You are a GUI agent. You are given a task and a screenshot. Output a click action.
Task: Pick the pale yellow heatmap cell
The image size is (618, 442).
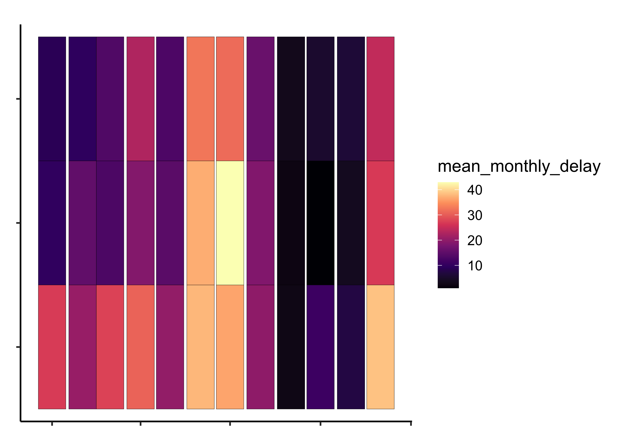tap(230, 223)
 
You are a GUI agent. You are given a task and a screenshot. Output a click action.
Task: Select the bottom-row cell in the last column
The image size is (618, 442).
tap(380, 347)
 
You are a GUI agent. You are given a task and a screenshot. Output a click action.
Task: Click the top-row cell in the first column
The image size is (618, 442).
tap(52, 99)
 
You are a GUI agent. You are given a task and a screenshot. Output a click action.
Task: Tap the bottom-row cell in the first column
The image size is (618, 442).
tap(52, 347)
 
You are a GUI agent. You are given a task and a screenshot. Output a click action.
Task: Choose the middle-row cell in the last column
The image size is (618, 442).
tap(380, 223)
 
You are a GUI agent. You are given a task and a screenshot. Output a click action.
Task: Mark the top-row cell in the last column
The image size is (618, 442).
tap(380, 99)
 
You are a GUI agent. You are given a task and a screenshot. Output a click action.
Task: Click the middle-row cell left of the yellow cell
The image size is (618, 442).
tap(200, 223)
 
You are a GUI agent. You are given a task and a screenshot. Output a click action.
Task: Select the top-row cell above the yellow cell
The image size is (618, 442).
tap(230, 99)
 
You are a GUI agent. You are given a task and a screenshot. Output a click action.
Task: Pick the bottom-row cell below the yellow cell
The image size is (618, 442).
tap(230, 347)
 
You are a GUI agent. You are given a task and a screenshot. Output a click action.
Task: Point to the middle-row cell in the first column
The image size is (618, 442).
tap(52, 223)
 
